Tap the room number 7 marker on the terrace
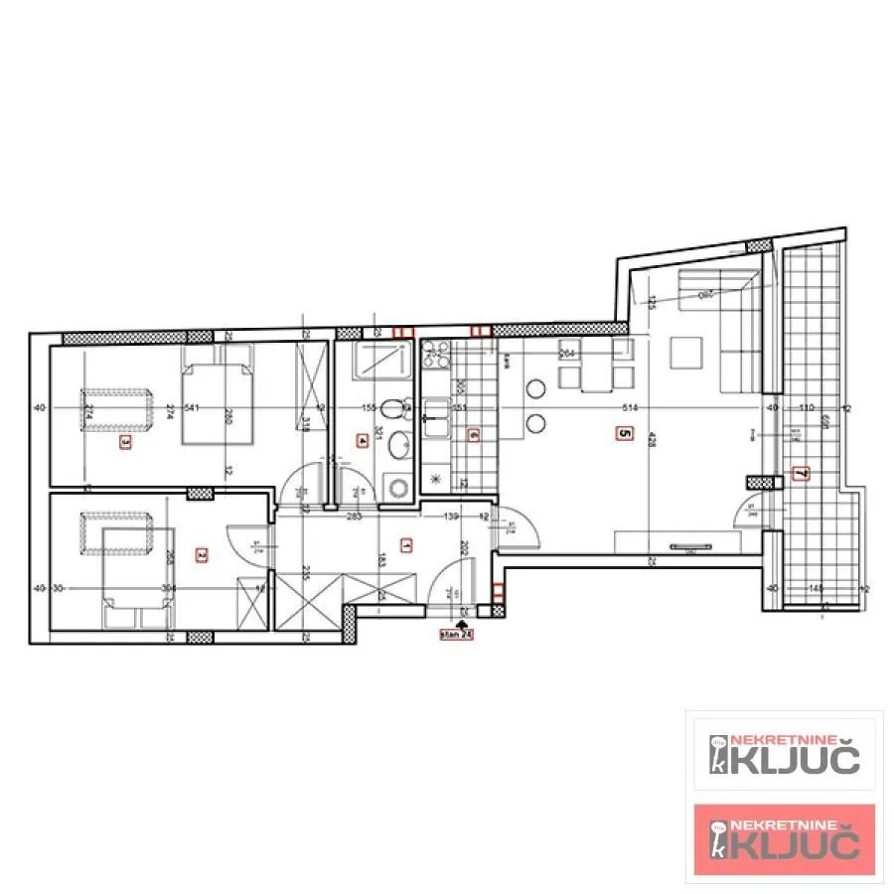coord(801,473)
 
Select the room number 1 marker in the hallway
coord(405,544)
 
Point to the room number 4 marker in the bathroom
coord(363,441)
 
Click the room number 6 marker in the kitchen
coord(473,434)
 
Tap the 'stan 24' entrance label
coord(457,634)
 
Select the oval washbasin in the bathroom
coord(399,448)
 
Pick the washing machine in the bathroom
coord(399,487)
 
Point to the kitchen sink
coord(436,410)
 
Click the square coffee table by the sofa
coord(685,351)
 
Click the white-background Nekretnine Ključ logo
coord(784,754)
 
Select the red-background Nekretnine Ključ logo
coord(784,839)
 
